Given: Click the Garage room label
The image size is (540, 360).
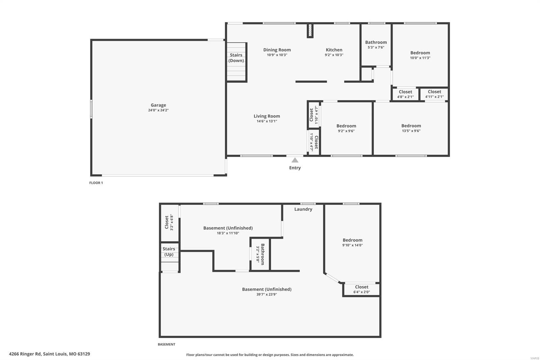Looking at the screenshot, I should [x=158, y=105].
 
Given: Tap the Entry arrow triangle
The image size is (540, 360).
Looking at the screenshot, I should [x=295, y=160].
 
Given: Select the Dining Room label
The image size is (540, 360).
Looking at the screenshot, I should [x=277, y=50].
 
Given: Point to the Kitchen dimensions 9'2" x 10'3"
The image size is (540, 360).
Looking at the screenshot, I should [x=334, y=55].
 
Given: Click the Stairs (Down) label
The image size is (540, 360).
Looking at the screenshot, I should [x=236, y=58].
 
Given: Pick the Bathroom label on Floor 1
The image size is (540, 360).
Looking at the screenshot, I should [x=376, y=42].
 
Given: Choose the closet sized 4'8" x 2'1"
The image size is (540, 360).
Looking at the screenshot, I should [x=405, y=94].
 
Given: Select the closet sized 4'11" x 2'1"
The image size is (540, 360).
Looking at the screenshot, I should [x=434, y=94].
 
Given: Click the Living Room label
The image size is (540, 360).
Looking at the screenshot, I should [x=267, y=116].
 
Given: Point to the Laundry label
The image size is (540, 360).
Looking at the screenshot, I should [x=303, y=209].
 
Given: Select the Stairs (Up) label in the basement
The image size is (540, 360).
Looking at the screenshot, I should [x=169, y=252].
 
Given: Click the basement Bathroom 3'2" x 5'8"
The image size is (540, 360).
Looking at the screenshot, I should [x=261, y=254].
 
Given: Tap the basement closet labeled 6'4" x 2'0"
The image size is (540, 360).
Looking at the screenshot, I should [x=361, y=289].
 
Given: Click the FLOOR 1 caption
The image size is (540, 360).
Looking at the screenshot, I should [x=96, y=183].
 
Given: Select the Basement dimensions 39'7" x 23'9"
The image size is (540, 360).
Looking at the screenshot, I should [x=267, y=294].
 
